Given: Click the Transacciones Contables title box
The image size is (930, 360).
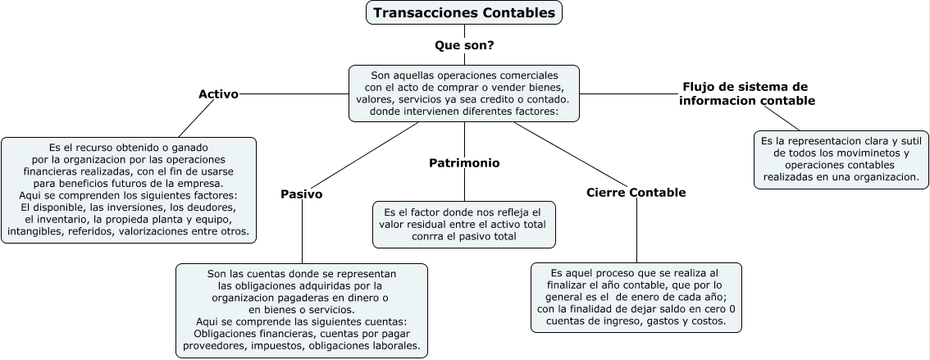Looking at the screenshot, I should [464, 13].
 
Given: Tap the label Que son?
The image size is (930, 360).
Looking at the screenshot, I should [464, 45].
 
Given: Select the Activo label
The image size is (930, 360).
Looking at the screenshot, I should [218, 93].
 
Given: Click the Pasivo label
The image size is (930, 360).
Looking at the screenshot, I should [301, 194].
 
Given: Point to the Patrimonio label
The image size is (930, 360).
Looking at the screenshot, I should [464, 162].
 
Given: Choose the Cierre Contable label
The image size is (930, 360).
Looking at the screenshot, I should [636, 193].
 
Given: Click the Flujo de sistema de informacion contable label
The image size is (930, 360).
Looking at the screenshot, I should [746, 93].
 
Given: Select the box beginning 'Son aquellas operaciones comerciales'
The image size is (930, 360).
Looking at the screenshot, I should [464, 93].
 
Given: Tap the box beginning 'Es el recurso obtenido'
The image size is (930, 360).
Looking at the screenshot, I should [129, 189].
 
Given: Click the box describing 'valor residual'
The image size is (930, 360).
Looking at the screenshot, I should [464, 225].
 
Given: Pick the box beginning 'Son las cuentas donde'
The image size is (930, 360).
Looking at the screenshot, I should [302, 310].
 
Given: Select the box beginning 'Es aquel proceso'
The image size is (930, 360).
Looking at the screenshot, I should [636, 297].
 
